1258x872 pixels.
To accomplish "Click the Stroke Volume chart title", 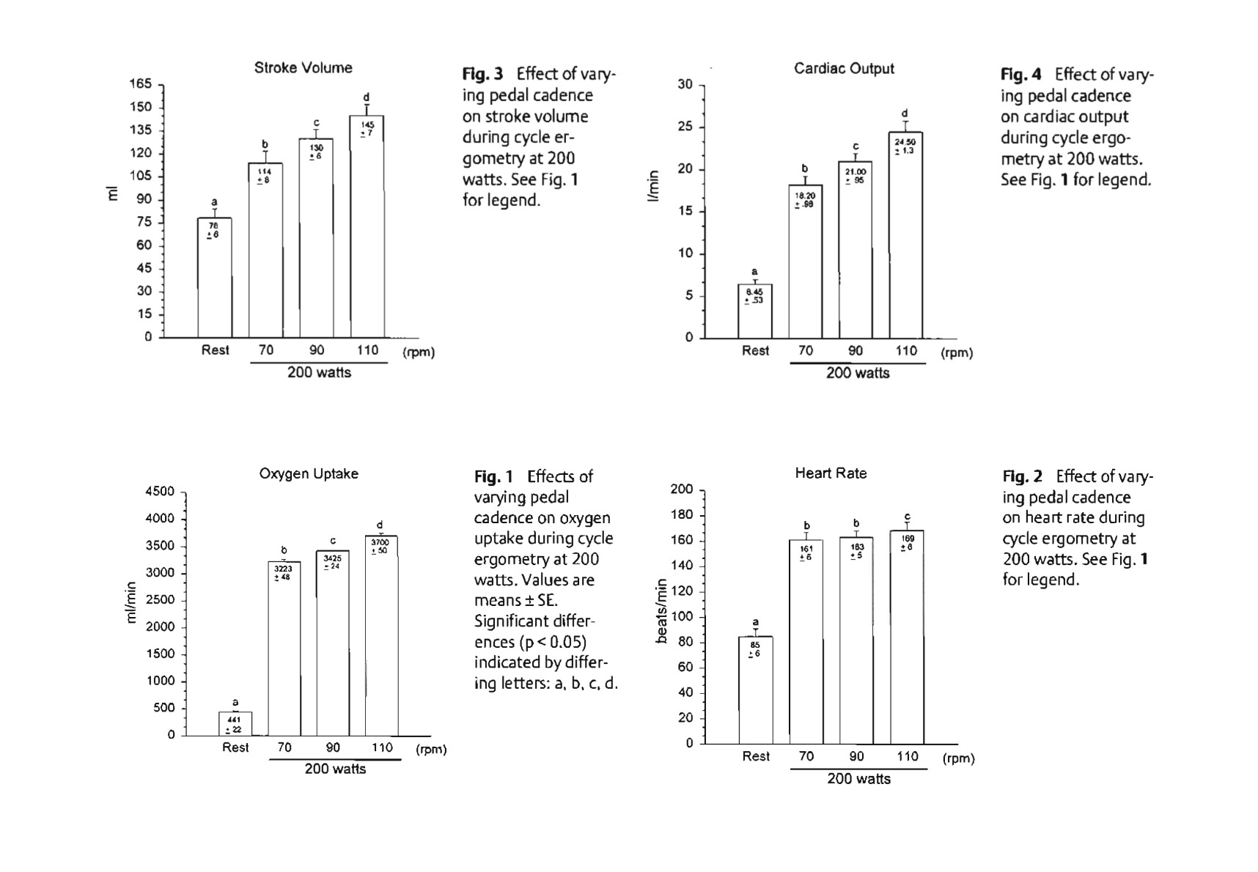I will [303, 68].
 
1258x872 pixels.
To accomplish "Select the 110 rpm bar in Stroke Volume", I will [367, 227].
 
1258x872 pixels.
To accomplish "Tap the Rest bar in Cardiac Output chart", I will [754, 311].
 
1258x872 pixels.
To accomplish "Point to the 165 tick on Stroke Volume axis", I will [141, 84].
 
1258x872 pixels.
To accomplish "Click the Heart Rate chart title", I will [831, 474].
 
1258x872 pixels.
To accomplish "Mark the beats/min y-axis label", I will [662, 611].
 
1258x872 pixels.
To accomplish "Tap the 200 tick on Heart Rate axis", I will [682, 489].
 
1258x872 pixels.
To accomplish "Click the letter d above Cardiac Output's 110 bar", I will [905, 114].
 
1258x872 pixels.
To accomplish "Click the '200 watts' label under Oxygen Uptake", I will [335, 769].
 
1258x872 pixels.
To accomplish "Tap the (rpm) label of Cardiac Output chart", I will [957, 353].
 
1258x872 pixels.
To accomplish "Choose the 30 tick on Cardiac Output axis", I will [685, 85].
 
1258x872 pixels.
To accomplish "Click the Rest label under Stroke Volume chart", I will [215, 350].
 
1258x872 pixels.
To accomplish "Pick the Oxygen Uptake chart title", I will [309, 474].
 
